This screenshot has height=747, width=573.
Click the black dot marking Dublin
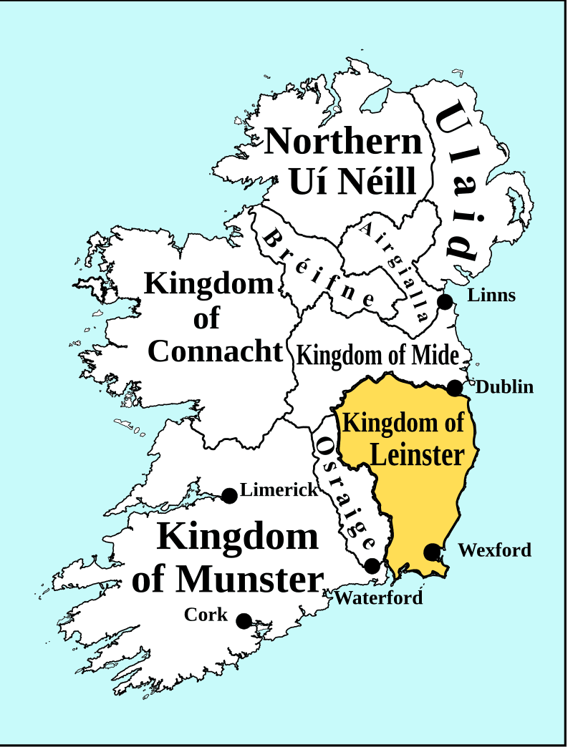coord(455,388)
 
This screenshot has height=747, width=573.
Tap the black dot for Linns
coord(445,302)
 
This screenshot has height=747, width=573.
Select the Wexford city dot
coord(432,552)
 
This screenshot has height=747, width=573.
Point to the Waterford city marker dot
coord(372,566)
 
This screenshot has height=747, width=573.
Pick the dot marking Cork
coord(244,620)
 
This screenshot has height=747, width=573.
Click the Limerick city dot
coord(229,495)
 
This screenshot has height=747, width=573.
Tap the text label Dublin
coord(505,387)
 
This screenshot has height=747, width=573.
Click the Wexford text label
coord(495,550)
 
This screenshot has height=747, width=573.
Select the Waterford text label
coord(379,597)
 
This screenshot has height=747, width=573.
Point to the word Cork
coord(206,614)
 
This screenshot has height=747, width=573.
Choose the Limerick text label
coord(279,490)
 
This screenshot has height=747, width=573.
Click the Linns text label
coord(491,295)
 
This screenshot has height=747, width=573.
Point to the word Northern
coord(344,141)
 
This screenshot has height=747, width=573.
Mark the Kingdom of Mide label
coord(377,354)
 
